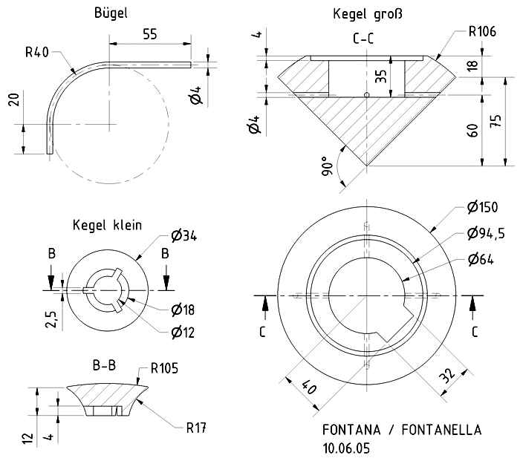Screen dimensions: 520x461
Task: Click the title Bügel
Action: pyautogui.click(x=111, y=13)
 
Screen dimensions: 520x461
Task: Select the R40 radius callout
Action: pyautogui.click(x=37, y=53)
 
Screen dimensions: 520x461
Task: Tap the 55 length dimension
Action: pyautogui.click(x=150, y=34)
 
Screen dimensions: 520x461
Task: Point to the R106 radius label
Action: pyautogui.click(x=482, y=31)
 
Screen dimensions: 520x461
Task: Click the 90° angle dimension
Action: pyautogui.click(x=327, y=166)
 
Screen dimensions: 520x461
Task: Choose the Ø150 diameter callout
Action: pyautogui.click(x=483, y=207)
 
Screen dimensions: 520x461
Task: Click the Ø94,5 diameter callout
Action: pyautogui.click(x=486, y=233)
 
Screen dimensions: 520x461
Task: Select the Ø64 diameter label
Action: pyautogui.click(x=481, y=259)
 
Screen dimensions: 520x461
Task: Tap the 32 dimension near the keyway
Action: pyautogui.click(x=448, y=376)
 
